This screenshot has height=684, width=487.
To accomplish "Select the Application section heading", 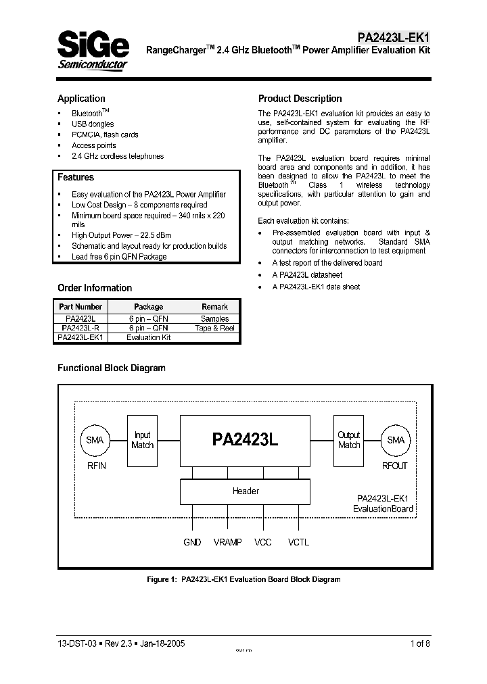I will pyautogui.click(x=81, y=99).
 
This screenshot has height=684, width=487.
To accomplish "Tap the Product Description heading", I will pyautogui.click(x=300, y=99).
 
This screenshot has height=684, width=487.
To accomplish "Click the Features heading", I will pyautogui.click(x=76, y=178).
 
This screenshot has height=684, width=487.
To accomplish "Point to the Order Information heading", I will pyautogui.click(x=95, y=288).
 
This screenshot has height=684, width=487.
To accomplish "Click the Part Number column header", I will pyautogui.click(x=80, y=307).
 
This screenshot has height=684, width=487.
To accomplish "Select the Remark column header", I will pyautogui.click(x=215, y=307).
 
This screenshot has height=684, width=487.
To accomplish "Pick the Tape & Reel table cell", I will pyautogui.click(x=215, y=328).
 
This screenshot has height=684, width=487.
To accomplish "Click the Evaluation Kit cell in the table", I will pyautogui.click(x=149, y=337).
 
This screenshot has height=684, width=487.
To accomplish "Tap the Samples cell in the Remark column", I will pyautogui.click(x=215, y=318).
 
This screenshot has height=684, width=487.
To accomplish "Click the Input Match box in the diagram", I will pyautogui.click(x=143, y=440).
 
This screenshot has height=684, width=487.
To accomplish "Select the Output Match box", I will pyautogui.click(x=349, y=440).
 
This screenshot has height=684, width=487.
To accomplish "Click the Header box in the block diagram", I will pyautogui.click(x=246, y=491).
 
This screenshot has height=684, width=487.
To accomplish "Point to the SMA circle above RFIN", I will pyautogui.click(x=95, y=440).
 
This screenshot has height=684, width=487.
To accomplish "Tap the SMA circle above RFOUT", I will pyautogui.click(x=395, y=440).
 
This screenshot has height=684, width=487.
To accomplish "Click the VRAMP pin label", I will pyautogui.click(x=227, y=543).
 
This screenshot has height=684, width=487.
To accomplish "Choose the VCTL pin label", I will pyautogui.click(x=298, y=543).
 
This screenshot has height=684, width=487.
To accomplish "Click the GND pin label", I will pyautogui.click(x=192, y=543).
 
